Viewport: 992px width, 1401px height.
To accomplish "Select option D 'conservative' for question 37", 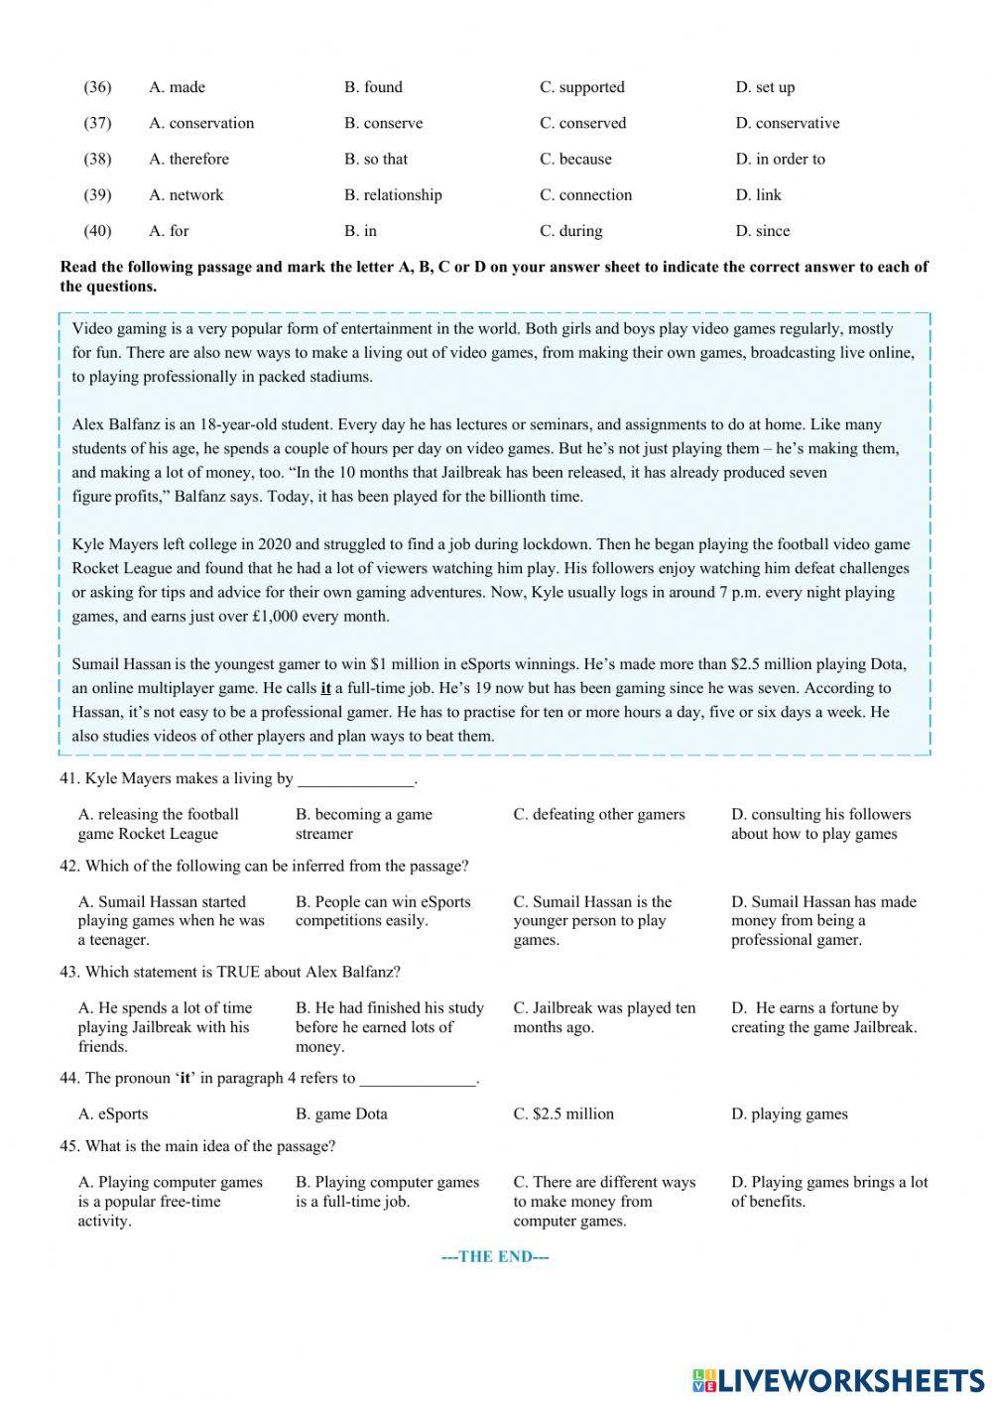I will pyautogui.click(x=787, y=123).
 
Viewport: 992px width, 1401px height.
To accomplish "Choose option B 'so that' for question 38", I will pyautogui.click(x=375, y=159).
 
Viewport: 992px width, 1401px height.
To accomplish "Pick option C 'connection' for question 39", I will pyautogui.click(x=585, y=194).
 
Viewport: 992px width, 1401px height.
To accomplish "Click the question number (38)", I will pyautogui.click(x=97, y=159).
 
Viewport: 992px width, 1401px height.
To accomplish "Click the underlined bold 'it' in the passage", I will pyautogui.click(x=325, y=688).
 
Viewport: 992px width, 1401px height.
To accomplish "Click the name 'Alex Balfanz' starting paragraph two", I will pyautogui.click(x=114, y=424).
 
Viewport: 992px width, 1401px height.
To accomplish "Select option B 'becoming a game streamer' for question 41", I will pyautogui.click(x=363, y=824).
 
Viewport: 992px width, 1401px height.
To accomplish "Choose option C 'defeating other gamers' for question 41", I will pyautogui.click(x=598, y=814).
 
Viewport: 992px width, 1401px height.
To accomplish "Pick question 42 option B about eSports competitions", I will pyautogui.click(x=382, y=911).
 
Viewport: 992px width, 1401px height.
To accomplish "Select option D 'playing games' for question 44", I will pyautogui.click(x=789, y=1113).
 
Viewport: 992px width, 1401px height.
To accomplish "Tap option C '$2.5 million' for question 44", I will pyautogui.click(x=562, y=1113).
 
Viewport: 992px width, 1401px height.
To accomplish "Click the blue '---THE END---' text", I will pyautogui.click(x=495, y=1256).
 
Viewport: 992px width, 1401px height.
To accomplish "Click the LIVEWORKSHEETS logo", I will pyautogui.click(x=837, y=1380).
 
